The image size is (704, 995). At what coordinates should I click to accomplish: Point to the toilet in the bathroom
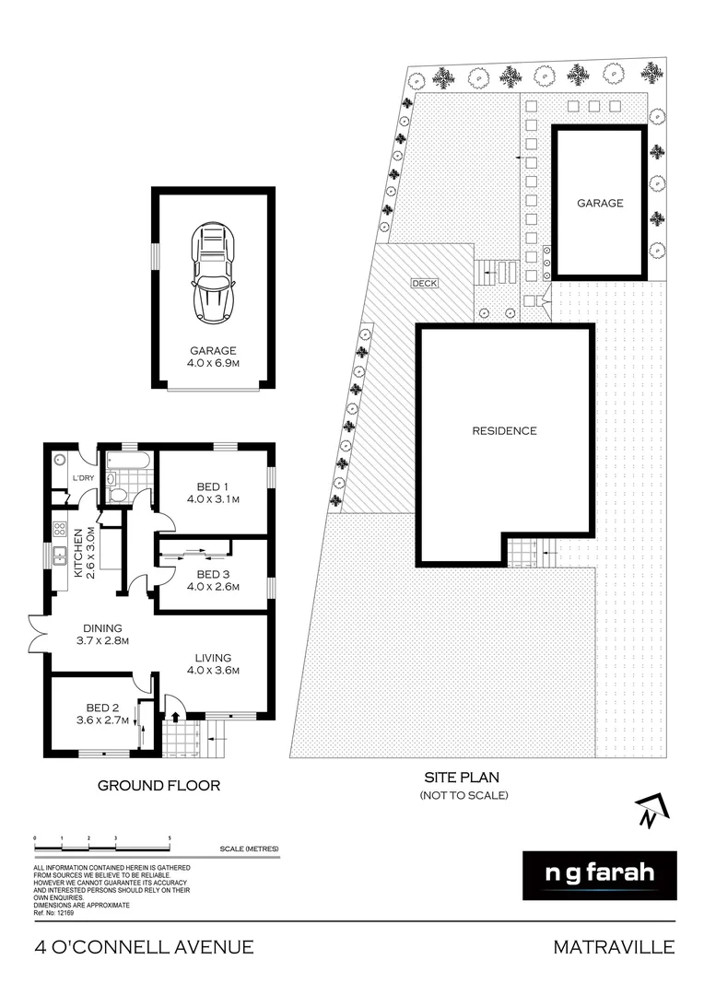pyautogui.click(x=117, y=494)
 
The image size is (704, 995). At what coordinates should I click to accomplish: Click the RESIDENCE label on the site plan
pyautogui.click(x=504, y=430)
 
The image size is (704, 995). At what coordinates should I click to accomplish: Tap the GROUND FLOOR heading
pyautogui.click(x=158, y=786)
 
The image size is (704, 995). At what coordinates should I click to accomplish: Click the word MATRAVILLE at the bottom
pyautogui.click(x=614, y=946)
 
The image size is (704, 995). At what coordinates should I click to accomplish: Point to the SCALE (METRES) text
pyautogui.click(x=249, y=849)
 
